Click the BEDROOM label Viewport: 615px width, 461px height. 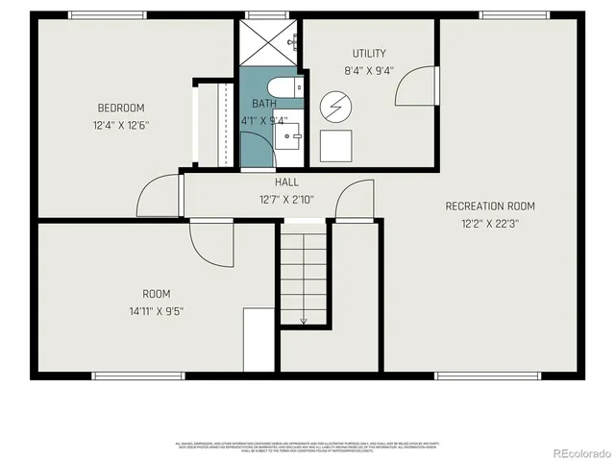coord(120,108)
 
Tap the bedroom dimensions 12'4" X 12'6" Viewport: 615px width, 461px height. coord(120,125)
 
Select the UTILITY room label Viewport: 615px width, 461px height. coord(368,53)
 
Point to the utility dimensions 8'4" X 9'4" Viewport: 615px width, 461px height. coord(368,70)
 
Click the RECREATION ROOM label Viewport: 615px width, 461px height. coord(490,206)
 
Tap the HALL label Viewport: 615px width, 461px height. coord(286,182)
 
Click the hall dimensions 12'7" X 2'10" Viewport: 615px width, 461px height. coord(286,200)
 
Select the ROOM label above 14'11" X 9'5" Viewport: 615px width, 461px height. coord(156,293)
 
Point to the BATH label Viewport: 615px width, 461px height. coord(264,104)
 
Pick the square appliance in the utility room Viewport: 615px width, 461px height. coord(336,146)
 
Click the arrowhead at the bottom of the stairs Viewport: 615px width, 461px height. coord(304,322)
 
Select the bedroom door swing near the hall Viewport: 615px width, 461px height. coord(157,197)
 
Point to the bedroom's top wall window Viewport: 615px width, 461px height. coord(108,15)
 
